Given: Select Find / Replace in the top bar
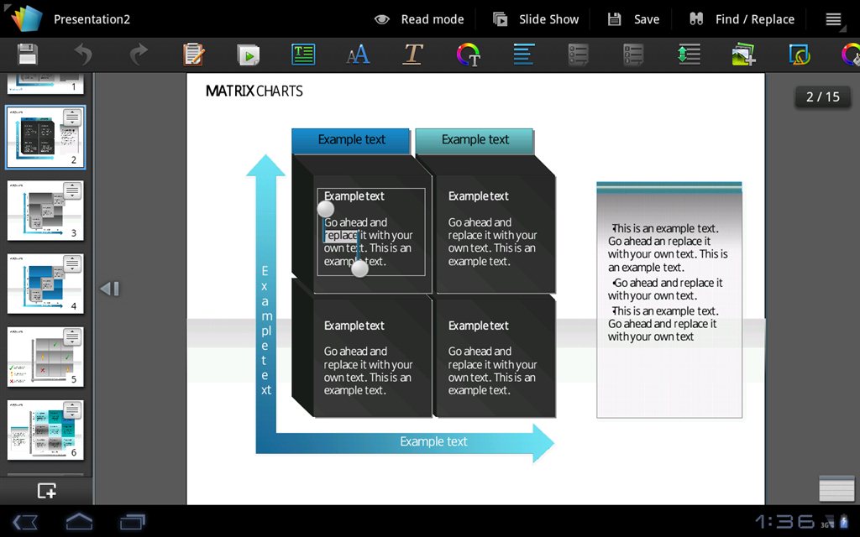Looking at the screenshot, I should tap(742, 19).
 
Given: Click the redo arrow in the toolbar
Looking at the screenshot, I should tap(139, 55).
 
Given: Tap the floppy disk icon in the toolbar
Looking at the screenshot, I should tap(28, 55).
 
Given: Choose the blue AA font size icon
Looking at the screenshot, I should tap(358, 55).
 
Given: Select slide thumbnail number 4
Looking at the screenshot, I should tap(45, 283).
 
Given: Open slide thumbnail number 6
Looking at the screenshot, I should tap(45, 430).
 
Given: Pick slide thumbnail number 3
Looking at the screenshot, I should tap(45, 210).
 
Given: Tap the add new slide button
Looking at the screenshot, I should tap(46, 491).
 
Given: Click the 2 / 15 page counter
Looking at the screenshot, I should tap(822, 96).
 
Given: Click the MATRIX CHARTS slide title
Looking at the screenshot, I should tap(254, 91).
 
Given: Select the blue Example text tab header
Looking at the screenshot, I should tap(351, 140).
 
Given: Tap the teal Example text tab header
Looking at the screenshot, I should tap(475, 140).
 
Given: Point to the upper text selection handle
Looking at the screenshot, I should tap(326, 209).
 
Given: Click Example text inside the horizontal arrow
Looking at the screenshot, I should tap(433, 441).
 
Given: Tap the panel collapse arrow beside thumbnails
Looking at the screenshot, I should tap(109, 289).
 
